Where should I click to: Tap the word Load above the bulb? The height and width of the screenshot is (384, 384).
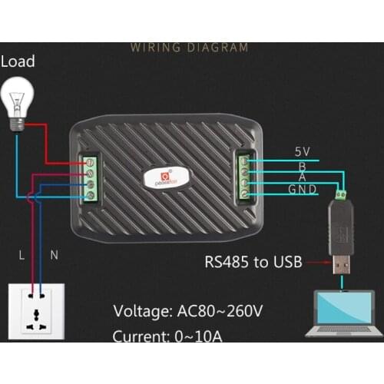pos(18,61)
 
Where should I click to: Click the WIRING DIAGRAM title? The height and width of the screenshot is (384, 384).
pos(189,48)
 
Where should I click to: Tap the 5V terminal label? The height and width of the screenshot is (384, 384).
pos(302,152)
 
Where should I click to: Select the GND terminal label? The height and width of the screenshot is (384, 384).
pos(302,190)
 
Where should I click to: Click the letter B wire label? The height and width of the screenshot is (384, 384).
pos(302,164)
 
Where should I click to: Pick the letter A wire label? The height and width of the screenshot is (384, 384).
pos(302,177)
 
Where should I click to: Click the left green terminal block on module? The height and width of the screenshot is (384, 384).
pos(90,177)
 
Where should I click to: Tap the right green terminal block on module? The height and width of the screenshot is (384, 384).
pos(243,177)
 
